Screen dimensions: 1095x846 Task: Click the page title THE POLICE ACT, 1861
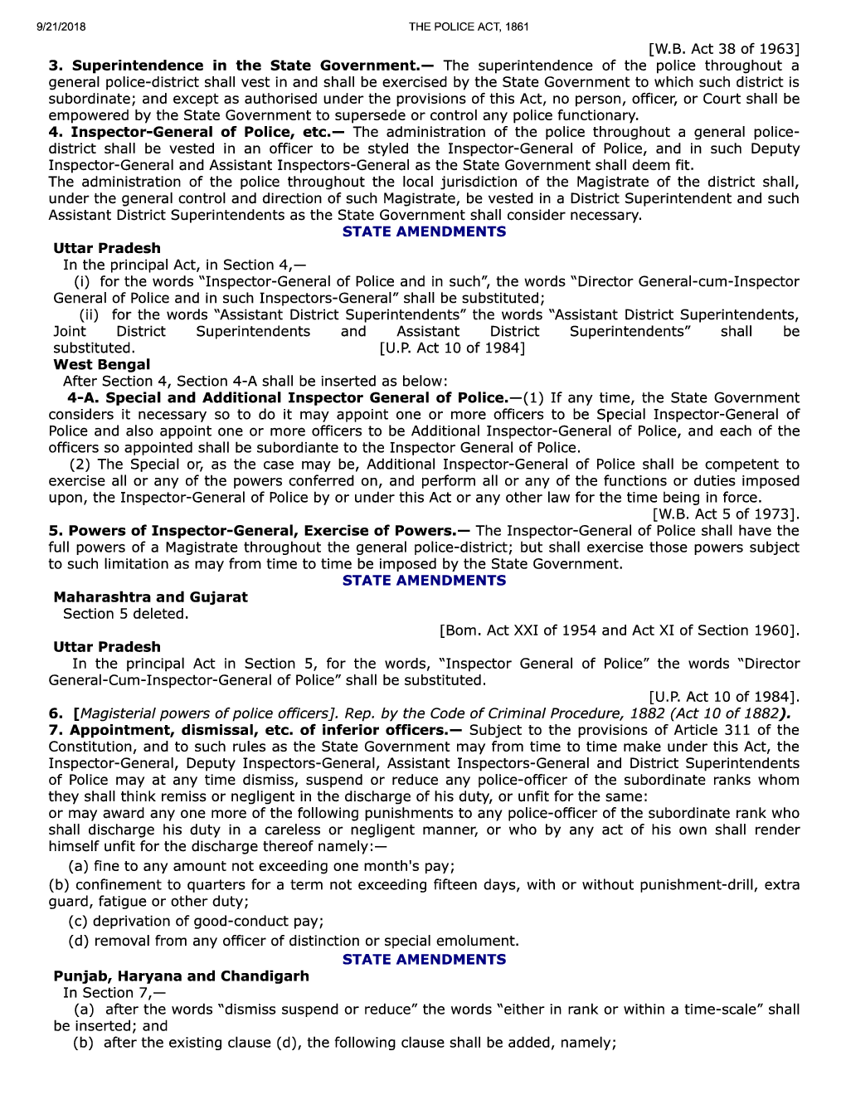click(x=469, y=27)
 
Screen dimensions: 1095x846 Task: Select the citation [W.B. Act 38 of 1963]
click(x=723, y=49)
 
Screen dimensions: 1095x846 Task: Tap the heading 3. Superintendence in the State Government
click(x=241, y=66)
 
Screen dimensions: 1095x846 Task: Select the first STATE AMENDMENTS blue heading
click(x=424, y=231)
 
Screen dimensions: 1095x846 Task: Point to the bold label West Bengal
click(x=102, y=364)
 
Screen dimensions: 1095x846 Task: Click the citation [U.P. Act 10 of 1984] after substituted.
click(x=452, y=348)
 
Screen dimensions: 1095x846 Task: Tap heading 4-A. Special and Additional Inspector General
click(x=286, y=397)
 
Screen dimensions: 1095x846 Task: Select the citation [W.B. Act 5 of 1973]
click(x=726, y=514)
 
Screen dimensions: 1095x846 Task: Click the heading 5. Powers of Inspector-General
click(x=257, y=531)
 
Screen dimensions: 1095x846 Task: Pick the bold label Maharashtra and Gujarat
click(x=150, y=597)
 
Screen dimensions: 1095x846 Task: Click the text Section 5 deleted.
click(x=125, y=614)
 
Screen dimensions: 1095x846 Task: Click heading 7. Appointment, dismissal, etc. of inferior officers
click(x=257, y=730)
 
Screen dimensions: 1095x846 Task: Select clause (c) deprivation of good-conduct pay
click(x=196, y=921)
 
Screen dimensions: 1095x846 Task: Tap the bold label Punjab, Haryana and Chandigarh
click(x=181, y=976)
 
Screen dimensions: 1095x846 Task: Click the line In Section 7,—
click(x=114, y=993)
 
